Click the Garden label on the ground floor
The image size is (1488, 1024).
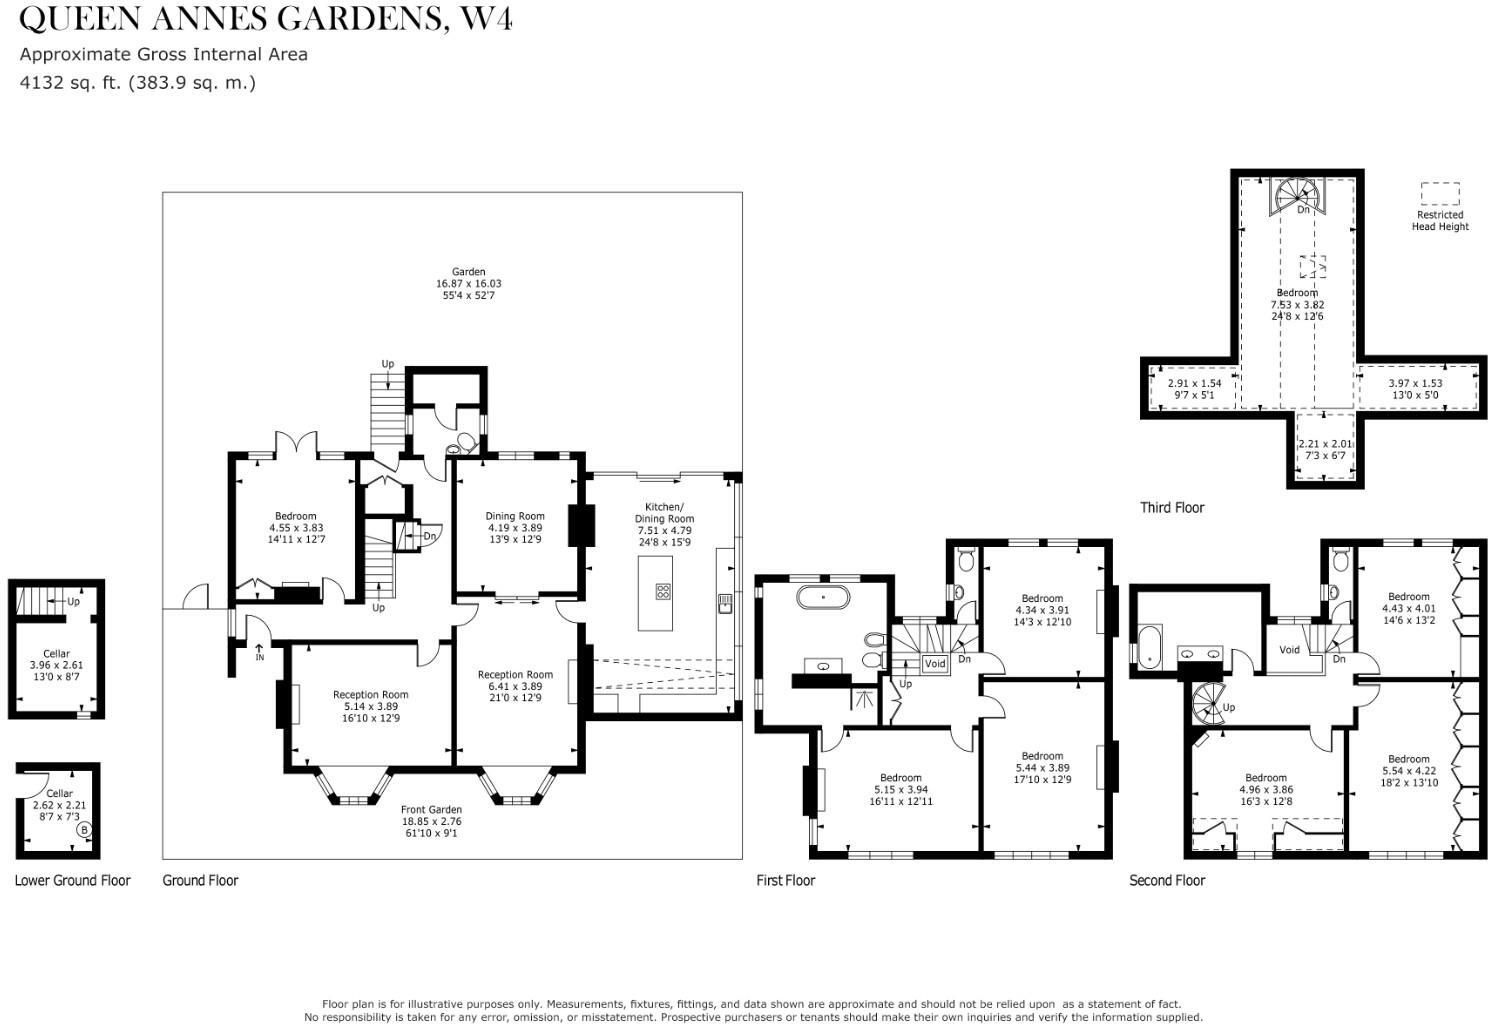point(468,271)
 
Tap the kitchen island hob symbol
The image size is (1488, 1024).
point(663,591)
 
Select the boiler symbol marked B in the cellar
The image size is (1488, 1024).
point(84,829)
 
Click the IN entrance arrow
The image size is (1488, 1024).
point(259,652)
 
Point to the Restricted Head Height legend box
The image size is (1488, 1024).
point(1439,194)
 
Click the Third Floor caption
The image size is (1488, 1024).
point(1172,508)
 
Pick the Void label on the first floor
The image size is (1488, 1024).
point(935,664)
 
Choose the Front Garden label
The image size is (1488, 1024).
point(431,809)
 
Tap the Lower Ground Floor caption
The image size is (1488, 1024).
point(72,881)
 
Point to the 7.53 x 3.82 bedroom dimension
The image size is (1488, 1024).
point(1297,305)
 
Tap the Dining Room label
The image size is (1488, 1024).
point(515,516)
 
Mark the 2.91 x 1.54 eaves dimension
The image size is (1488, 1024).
point(1195,383)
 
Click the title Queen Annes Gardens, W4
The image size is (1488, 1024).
point(266,18)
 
